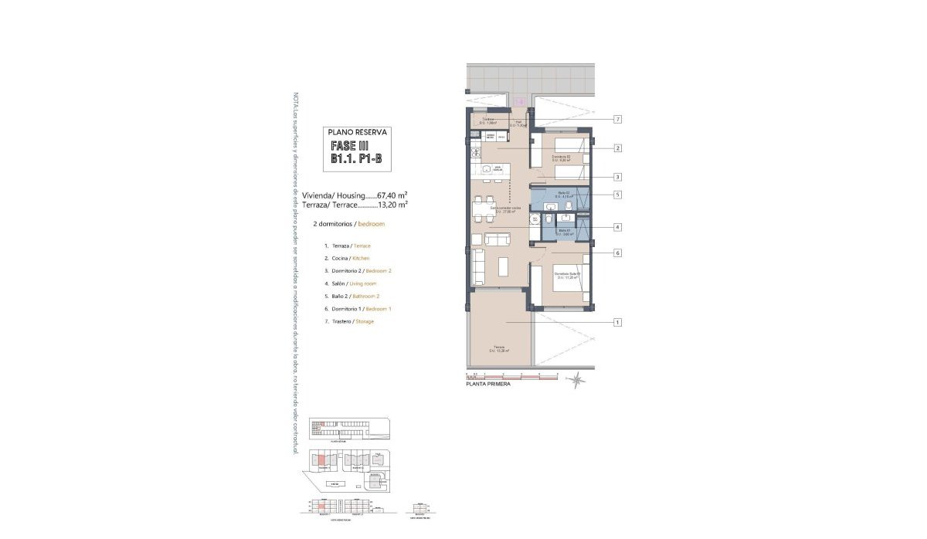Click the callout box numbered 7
tap(618, 120)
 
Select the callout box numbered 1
tap(618, 322)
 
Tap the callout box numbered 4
tap(618, 227)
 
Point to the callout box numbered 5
tap(618, 195)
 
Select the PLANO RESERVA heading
tap(356, 132)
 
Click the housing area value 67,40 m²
tap(392, 195)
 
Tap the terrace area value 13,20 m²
tap(392, 205)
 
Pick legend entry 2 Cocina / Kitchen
tap(347, 258)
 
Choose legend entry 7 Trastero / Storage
tap(349, 321)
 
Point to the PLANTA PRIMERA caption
tap(487, 384)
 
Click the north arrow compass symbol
tap(576, 378)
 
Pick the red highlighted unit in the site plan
tap(321, 461)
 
